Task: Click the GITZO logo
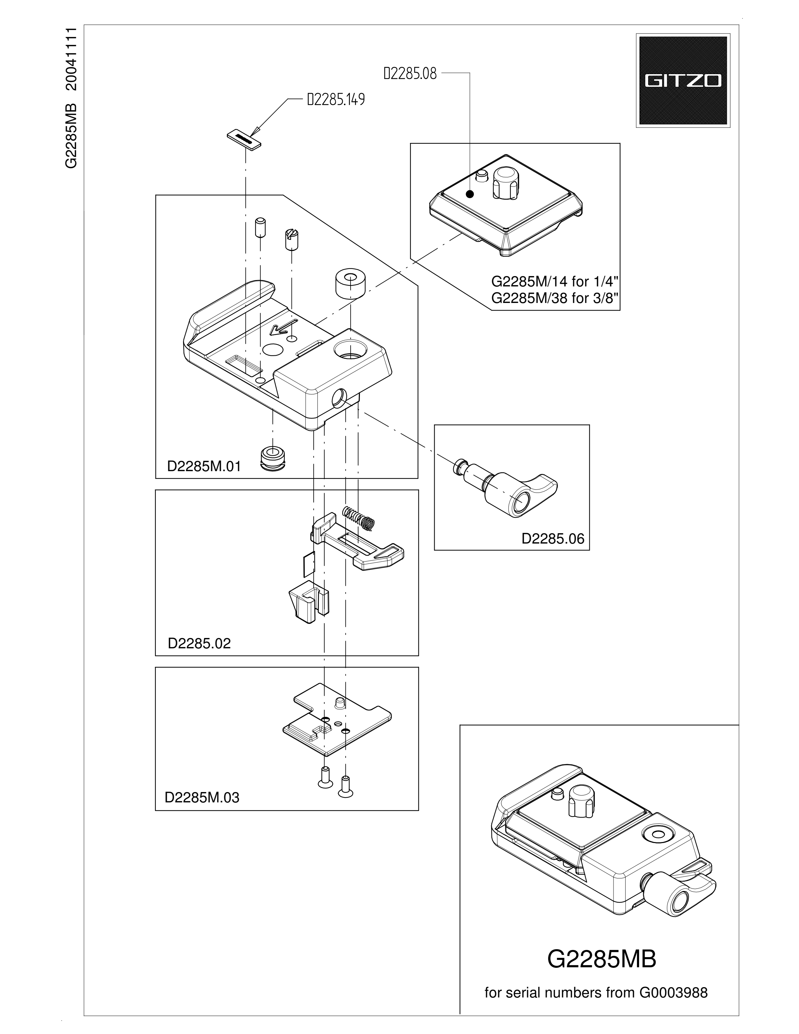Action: tap(682, 81)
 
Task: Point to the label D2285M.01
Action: tap(204, 466)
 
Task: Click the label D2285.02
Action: tap(199, 643)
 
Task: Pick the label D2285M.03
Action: tap(202, 798)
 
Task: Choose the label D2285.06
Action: tap(553, 538)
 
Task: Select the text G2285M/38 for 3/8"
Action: tap(555, 298)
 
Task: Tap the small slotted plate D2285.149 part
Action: tap(243, 139)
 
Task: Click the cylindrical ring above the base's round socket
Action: tap(350, 285)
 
